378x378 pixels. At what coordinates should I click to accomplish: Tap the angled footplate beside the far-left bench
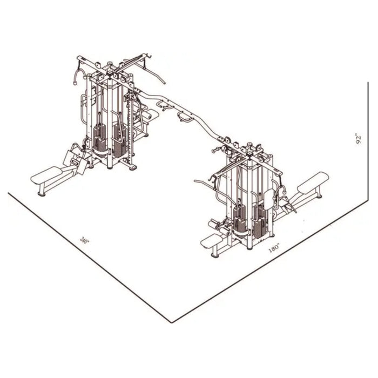(x=73, y=157)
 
